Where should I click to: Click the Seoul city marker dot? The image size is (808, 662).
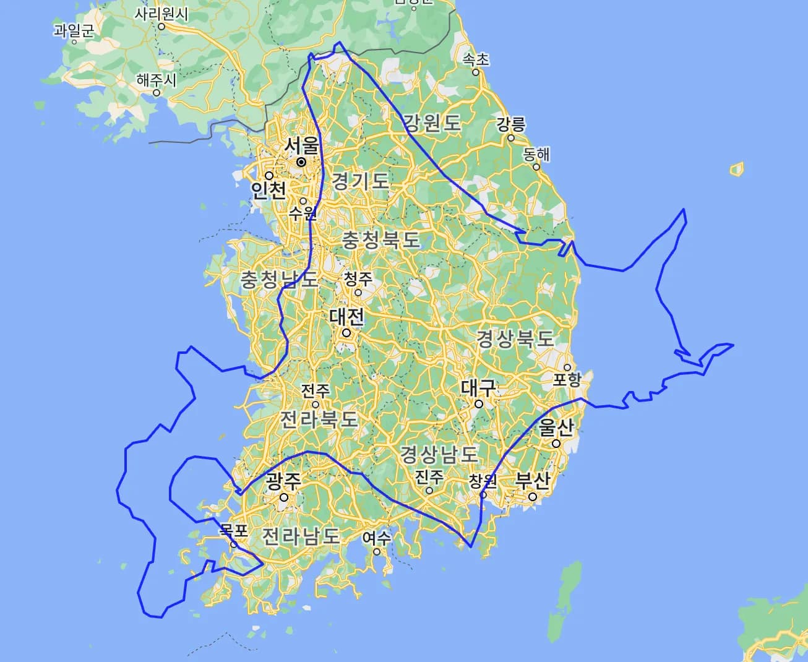pos(301,162)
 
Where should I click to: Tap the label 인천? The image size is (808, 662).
pos(269,190)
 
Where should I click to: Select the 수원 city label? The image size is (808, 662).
pos(302,213)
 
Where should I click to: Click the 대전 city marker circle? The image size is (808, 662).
pos(346,333)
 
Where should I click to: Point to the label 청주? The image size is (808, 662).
pos(358,278)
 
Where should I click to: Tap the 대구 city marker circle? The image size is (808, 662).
pos(479,404)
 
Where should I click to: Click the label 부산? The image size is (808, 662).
pos(533,480)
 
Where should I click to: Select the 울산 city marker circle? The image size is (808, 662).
pos(556,444)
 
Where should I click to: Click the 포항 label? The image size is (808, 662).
pos(567,379)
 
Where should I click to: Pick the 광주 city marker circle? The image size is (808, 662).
pos(284,497)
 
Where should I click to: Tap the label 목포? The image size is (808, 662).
pos(233,531)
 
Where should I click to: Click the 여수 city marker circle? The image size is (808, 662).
pos(376,551)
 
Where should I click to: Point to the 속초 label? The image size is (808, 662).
pos(476,59)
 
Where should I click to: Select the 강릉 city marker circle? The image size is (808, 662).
pos(511,137)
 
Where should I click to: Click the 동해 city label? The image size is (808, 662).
pos(536,154)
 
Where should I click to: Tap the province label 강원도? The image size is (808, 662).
pos(432,123)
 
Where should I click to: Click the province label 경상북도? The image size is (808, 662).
pos(515,338)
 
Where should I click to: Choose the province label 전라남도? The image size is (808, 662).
pos(301,536)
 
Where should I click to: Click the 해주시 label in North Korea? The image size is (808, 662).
pos(157,80)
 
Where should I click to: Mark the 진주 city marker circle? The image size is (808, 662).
pos(429,490)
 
